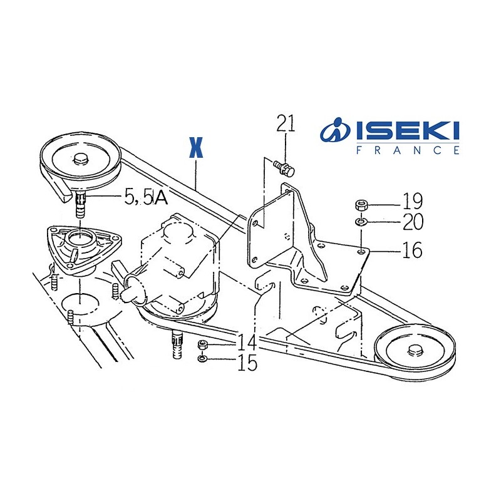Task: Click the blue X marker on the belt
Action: point(197,147)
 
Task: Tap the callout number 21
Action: point(286,123)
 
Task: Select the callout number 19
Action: point(413,202)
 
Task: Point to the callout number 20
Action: point(413,222)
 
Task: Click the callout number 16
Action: point(411,250)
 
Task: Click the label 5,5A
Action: point(146,198)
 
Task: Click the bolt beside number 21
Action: point(286,167)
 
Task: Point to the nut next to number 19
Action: point(361,204)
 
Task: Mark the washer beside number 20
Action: point(361,222)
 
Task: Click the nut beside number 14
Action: point(202,345)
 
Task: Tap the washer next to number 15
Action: point(202,359)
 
